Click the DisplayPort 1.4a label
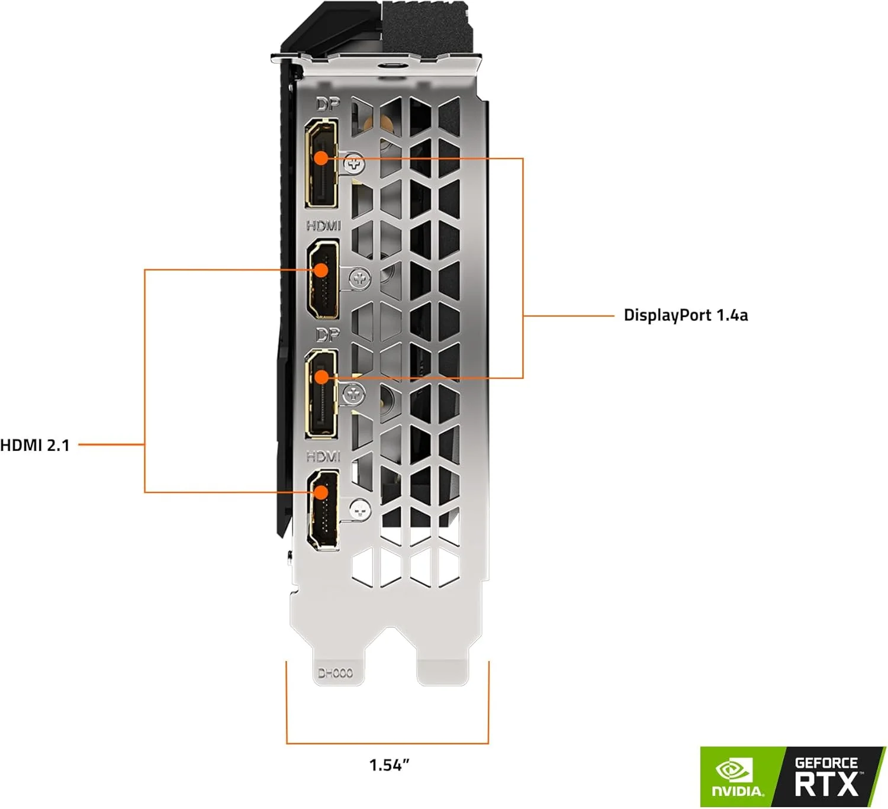686,315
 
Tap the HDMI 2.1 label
35,445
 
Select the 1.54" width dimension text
389,765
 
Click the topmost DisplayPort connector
321,163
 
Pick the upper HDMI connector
323,279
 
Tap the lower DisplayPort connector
321,394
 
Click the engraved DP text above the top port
328,105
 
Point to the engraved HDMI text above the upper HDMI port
323,225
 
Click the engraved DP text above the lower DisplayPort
327,336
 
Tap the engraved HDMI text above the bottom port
323,456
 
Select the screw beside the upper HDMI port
359,278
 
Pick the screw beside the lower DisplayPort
353,392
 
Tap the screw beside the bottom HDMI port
359,508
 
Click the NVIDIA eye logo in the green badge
734,770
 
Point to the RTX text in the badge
826,784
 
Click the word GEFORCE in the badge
826,763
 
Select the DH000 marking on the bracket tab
335,673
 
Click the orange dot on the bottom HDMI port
321,492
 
